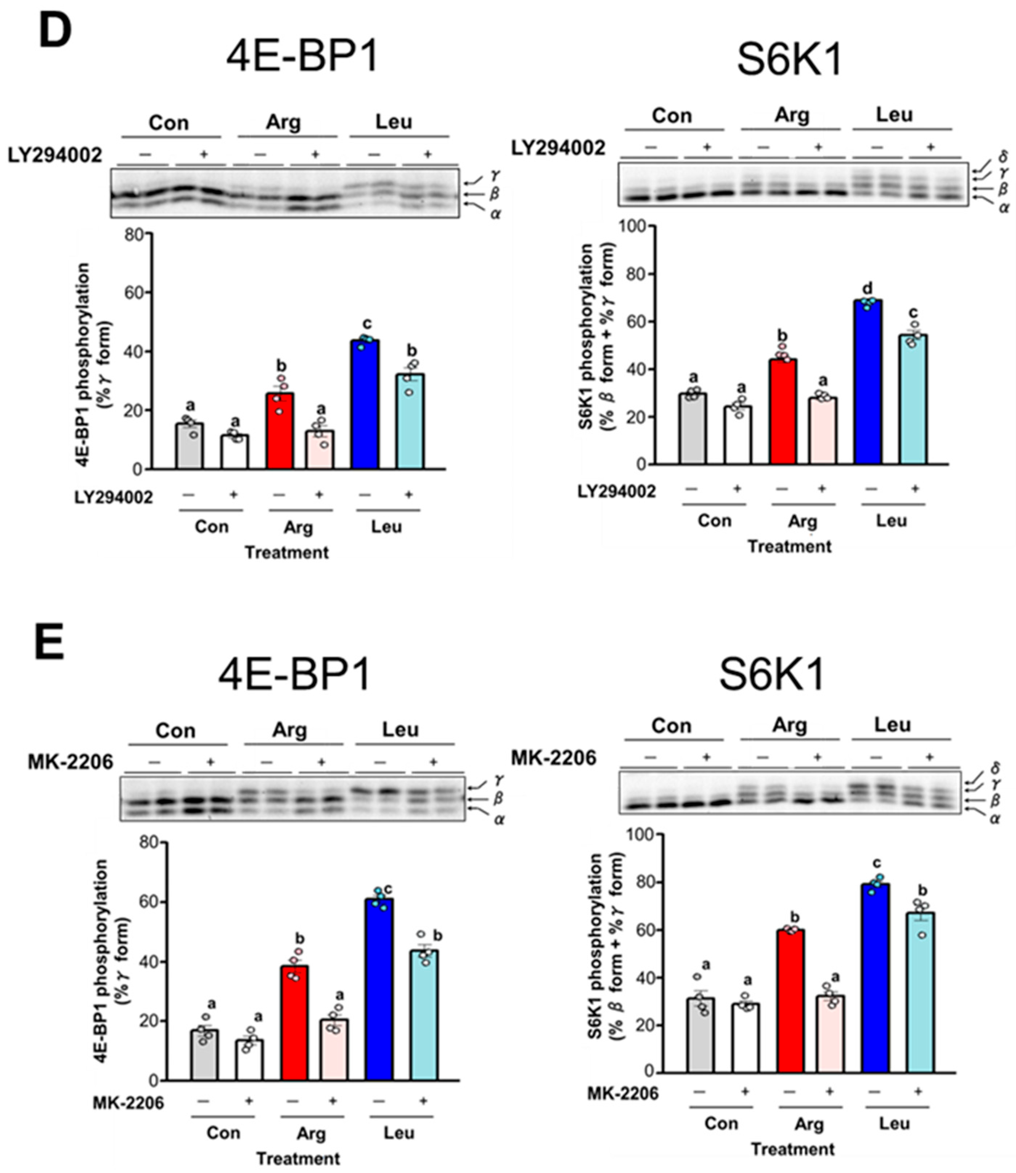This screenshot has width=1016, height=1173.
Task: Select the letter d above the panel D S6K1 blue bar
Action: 867,287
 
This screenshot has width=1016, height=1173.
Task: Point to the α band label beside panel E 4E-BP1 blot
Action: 499,819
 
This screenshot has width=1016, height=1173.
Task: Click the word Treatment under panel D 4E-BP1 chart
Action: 286,552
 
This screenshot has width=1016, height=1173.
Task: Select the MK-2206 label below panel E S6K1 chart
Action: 622,1093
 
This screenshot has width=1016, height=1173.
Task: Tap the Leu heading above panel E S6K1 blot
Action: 893,724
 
